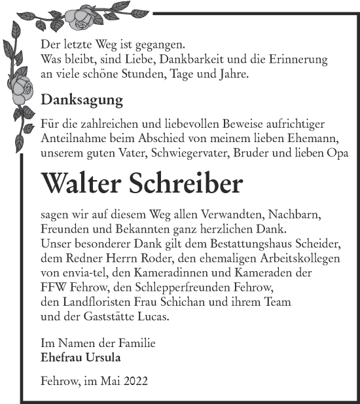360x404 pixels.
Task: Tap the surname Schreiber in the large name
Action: pyautogui.click(x=190, y=183)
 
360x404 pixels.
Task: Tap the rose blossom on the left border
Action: pyautogui.click(x=24, y=87)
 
